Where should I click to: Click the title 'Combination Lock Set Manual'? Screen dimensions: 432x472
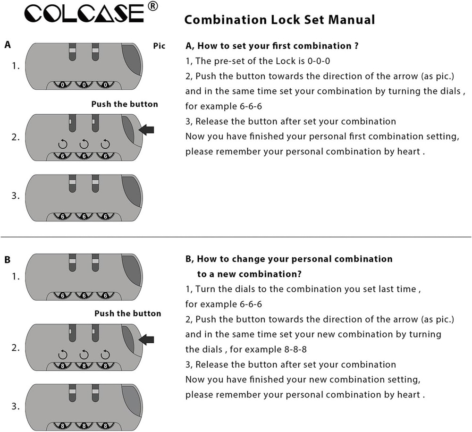tap(279, 20)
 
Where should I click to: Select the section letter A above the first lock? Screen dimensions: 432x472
tap(8, 45)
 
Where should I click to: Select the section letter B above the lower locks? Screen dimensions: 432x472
tap(8, 260)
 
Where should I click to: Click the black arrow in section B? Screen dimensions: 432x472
tap(147, 339)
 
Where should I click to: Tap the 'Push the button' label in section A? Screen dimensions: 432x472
tap(125, 104)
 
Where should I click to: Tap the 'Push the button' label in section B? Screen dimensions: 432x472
tap(127, 313)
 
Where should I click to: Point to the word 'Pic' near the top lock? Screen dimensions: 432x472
tap(160, 46)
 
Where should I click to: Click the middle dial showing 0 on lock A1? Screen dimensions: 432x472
tap(84, 85)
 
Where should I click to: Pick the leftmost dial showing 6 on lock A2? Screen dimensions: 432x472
tap(62, 156)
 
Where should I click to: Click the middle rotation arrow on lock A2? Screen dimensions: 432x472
tap(84, 143)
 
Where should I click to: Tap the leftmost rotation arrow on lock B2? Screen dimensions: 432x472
tap(62, 354)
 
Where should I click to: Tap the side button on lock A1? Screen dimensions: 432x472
tap(132, 59)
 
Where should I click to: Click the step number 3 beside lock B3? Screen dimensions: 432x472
tap(16, 406)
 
